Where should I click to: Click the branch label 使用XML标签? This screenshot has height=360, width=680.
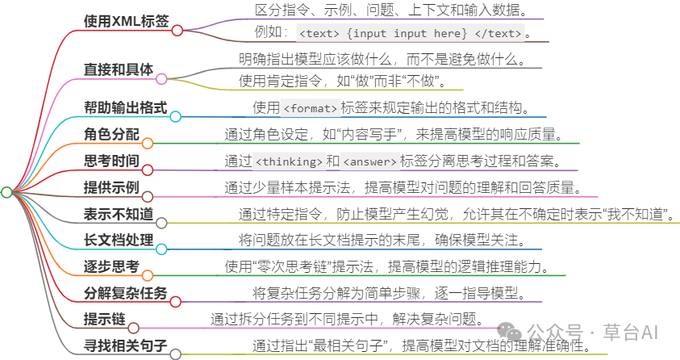(x=126, y=20)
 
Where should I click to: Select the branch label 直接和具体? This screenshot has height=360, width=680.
(x=119, y=69)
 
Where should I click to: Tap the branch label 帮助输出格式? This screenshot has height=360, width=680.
(x=125, y=107)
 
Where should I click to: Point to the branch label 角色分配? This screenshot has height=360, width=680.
(x=111, y=134)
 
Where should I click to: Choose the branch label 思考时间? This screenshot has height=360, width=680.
(x=111, y=161)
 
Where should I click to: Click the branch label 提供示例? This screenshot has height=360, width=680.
(x=111, y=187)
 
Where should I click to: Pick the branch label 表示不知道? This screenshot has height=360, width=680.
(x=119, y=213)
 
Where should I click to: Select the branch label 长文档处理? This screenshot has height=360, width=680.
(x=119, y=240)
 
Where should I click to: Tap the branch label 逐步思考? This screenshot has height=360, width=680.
(x=111, y=266)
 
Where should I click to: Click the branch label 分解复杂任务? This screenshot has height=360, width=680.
(x=125, y=293)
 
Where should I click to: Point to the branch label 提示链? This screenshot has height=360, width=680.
(x=105, y=319)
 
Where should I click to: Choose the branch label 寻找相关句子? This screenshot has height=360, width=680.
(x=125, y=345)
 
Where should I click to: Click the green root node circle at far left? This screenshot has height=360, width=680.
(x=6, y=192)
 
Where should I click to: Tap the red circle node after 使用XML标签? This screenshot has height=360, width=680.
(x=177, y=31)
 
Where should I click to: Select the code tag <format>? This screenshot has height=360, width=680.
(x=310, y=108)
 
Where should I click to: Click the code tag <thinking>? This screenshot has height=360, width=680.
(x=289, y=161)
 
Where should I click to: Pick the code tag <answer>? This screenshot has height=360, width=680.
(x=370, y=161)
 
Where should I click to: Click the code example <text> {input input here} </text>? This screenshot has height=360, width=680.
(x=411, y=33)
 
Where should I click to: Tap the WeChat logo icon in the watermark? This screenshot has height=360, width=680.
(x=509, y=332)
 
